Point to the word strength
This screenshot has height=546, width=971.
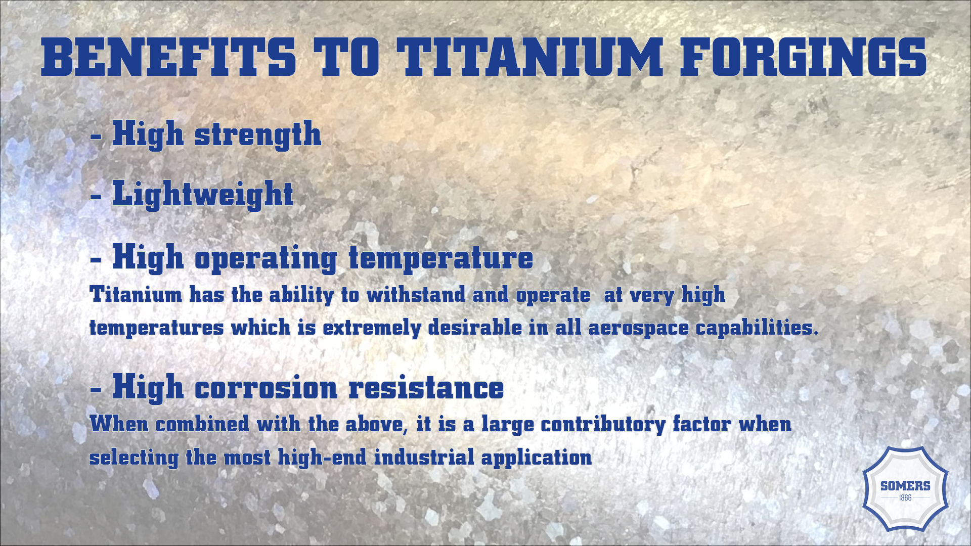(258, 134)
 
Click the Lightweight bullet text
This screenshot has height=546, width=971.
(203, 194)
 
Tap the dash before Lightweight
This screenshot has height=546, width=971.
(96, 196)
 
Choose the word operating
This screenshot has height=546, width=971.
(266, 258)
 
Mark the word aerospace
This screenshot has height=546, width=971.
(638, 328)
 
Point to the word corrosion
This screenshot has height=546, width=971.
(266, 388)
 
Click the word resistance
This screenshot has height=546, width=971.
(426, 388)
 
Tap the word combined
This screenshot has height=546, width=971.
(202, 424)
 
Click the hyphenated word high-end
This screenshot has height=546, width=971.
(322, 458)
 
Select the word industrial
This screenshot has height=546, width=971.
(424, 458)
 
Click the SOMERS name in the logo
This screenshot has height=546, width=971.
(905, 486)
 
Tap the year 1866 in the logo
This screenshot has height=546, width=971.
(905, 498)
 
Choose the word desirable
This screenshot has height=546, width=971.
(475, 328)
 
